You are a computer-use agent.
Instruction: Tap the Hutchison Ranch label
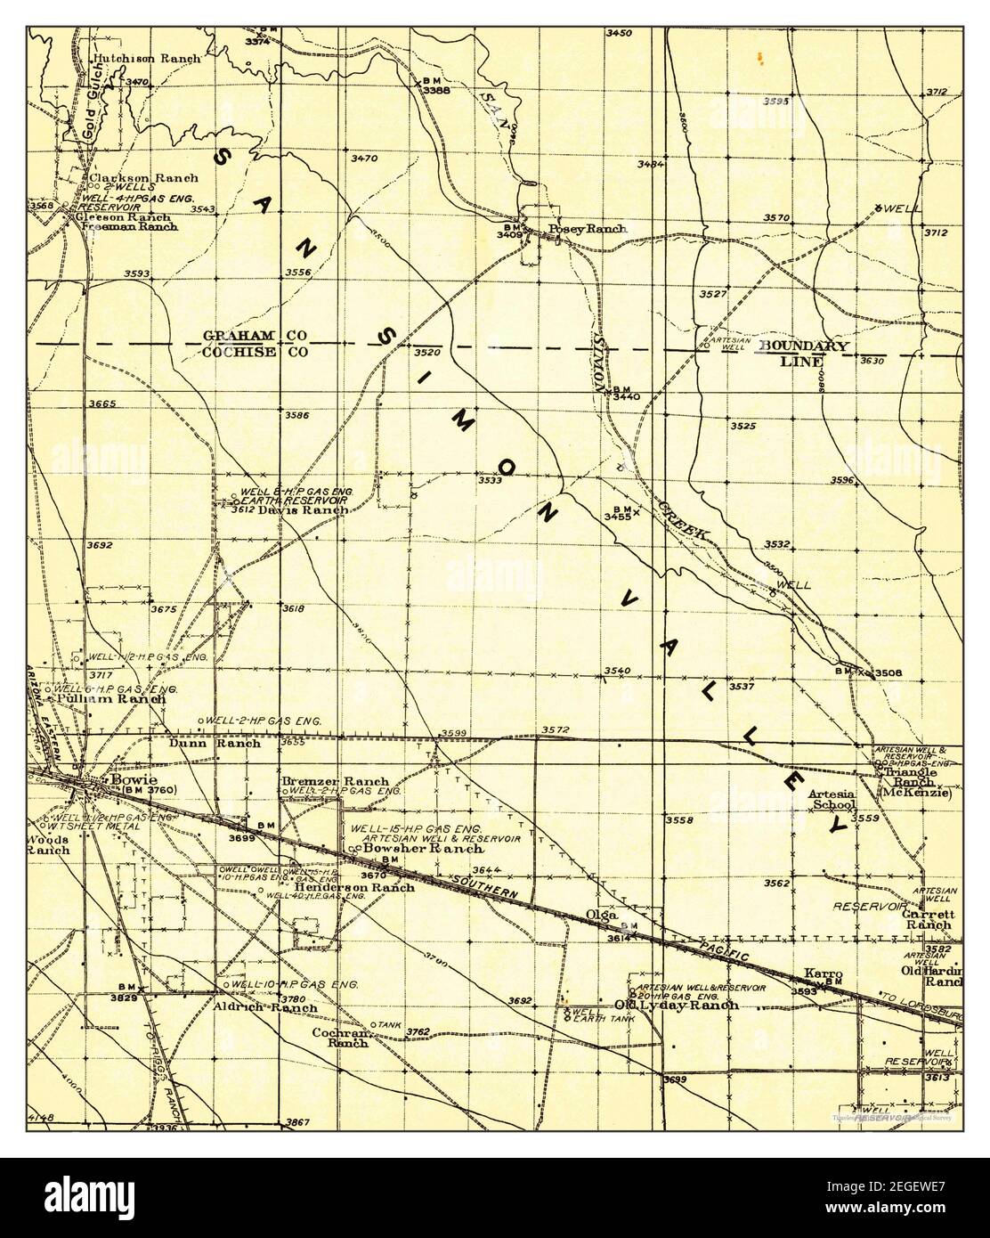pos(147,59)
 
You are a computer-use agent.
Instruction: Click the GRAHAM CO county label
pos(256,335)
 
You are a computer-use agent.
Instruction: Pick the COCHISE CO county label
pos(256,352)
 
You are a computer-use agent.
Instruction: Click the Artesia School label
pos(832,799)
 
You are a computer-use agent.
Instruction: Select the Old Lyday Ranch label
pos(677,1005)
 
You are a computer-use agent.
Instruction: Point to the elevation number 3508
pos(889,672)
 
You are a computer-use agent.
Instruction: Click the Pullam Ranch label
pos(110,699)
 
